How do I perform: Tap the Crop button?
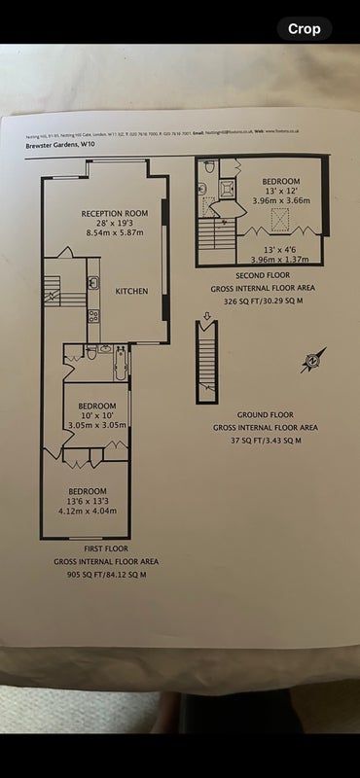(x=304, y=28)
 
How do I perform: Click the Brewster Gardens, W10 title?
(x=60, y=143)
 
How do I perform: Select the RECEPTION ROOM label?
(x=114, y=213)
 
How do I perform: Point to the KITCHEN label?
(x=131, y=292)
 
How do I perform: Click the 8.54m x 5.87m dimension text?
(x=114, y=234)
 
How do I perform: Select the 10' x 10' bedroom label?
(x=97, y=415)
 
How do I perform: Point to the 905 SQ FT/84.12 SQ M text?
(x=107, y=575)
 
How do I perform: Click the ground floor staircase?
(x=206, y=365)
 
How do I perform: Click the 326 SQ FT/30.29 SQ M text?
(x=263, y=302)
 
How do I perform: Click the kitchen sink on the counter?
(x=93, y=284)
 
